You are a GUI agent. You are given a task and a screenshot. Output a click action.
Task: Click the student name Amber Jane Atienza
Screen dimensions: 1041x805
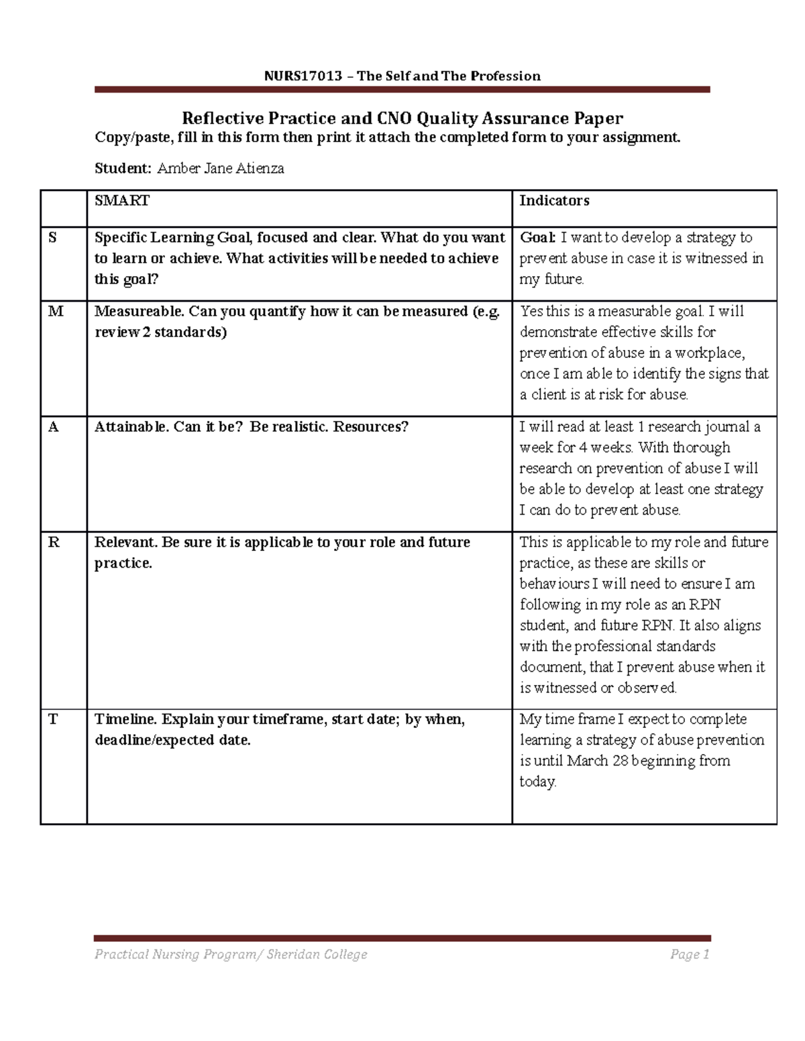click(x=220, y=169)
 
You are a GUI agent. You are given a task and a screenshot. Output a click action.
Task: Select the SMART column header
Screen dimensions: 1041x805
click(x=122, y=200)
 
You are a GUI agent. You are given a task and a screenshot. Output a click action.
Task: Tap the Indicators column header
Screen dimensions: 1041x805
click(x=554, y=200)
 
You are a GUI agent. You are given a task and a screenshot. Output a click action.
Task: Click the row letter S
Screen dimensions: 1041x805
click(x=53, y=238)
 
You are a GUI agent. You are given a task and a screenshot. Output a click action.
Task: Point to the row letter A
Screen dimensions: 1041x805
click(x=54, y=427)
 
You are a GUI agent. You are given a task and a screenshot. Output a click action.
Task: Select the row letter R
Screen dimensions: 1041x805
click(x=54, y=542)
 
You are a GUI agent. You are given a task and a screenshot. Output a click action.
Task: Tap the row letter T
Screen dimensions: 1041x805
click(x=53, y=719)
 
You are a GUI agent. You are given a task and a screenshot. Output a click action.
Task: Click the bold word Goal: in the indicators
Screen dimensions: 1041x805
click(x=538, y=238)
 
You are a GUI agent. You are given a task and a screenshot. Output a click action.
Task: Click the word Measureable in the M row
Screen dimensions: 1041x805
click(x=139, y=312)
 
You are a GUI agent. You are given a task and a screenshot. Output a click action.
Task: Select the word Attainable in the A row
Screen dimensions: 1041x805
click(x=131, y=427)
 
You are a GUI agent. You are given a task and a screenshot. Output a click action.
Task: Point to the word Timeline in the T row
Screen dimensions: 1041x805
click(x=125, y=719)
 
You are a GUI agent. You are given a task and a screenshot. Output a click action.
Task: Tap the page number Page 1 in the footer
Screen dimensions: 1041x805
click(x=689, y=955)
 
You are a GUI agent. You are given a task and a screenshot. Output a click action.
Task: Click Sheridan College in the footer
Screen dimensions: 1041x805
click(x=317, y=955)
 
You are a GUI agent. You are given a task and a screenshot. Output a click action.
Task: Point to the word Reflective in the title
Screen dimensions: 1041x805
click(x=222, y=119)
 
